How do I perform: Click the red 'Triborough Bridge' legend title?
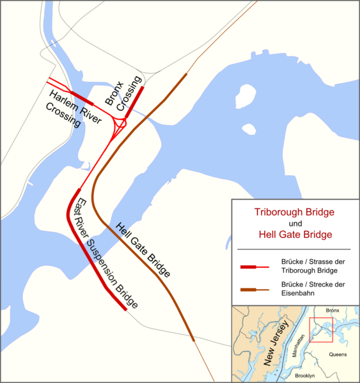tap(295, 212)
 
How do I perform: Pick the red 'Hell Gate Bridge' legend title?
tap(295, 235)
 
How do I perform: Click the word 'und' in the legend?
tap(295, 224)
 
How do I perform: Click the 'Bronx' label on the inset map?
tap(333, 310)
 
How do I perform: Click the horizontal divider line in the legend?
tap(295, 249)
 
